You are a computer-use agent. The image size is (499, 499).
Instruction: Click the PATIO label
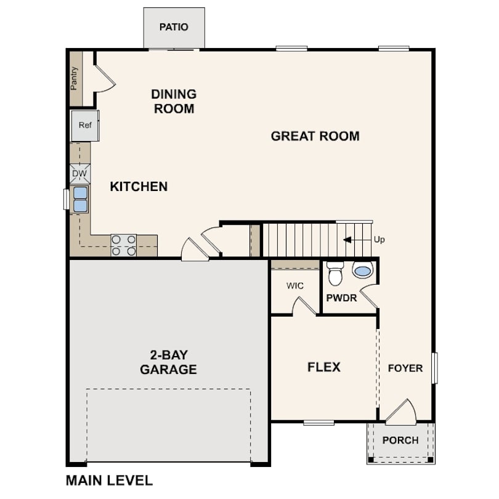pos(174,27)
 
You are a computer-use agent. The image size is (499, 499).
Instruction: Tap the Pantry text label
pos(75,78)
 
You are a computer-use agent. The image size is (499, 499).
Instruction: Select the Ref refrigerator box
pos(85,125)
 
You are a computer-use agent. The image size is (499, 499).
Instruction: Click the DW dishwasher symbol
pos(79,174)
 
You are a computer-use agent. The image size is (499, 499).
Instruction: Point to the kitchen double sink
pos(80,199)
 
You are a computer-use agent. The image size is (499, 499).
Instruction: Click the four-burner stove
pos(123,245)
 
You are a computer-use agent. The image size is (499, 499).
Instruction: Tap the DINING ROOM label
pos(174,102)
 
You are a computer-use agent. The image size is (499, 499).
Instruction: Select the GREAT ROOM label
pos(315,136)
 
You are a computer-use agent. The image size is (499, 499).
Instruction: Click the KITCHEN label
pos(139,186)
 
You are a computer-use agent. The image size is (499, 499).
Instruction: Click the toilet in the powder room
pos(335,274)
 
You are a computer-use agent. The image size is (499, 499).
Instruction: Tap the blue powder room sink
pos(362,270)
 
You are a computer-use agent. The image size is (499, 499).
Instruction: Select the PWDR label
pos(342,298)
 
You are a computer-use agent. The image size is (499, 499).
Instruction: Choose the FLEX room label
pos(324,367)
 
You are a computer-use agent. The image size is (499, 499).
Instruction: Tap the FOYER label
pos(405,368)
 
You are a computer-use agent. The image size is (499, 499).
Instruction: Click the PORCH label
pos(400,440)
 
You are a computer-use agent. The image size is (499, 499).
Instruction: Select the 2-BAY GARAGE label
pos(168,362)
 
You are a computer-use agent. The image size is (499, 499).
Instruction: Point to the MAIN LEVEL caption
pos(109,480)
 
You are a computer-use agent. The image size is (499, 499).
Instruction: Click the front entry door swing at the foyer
pos(401,413)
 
